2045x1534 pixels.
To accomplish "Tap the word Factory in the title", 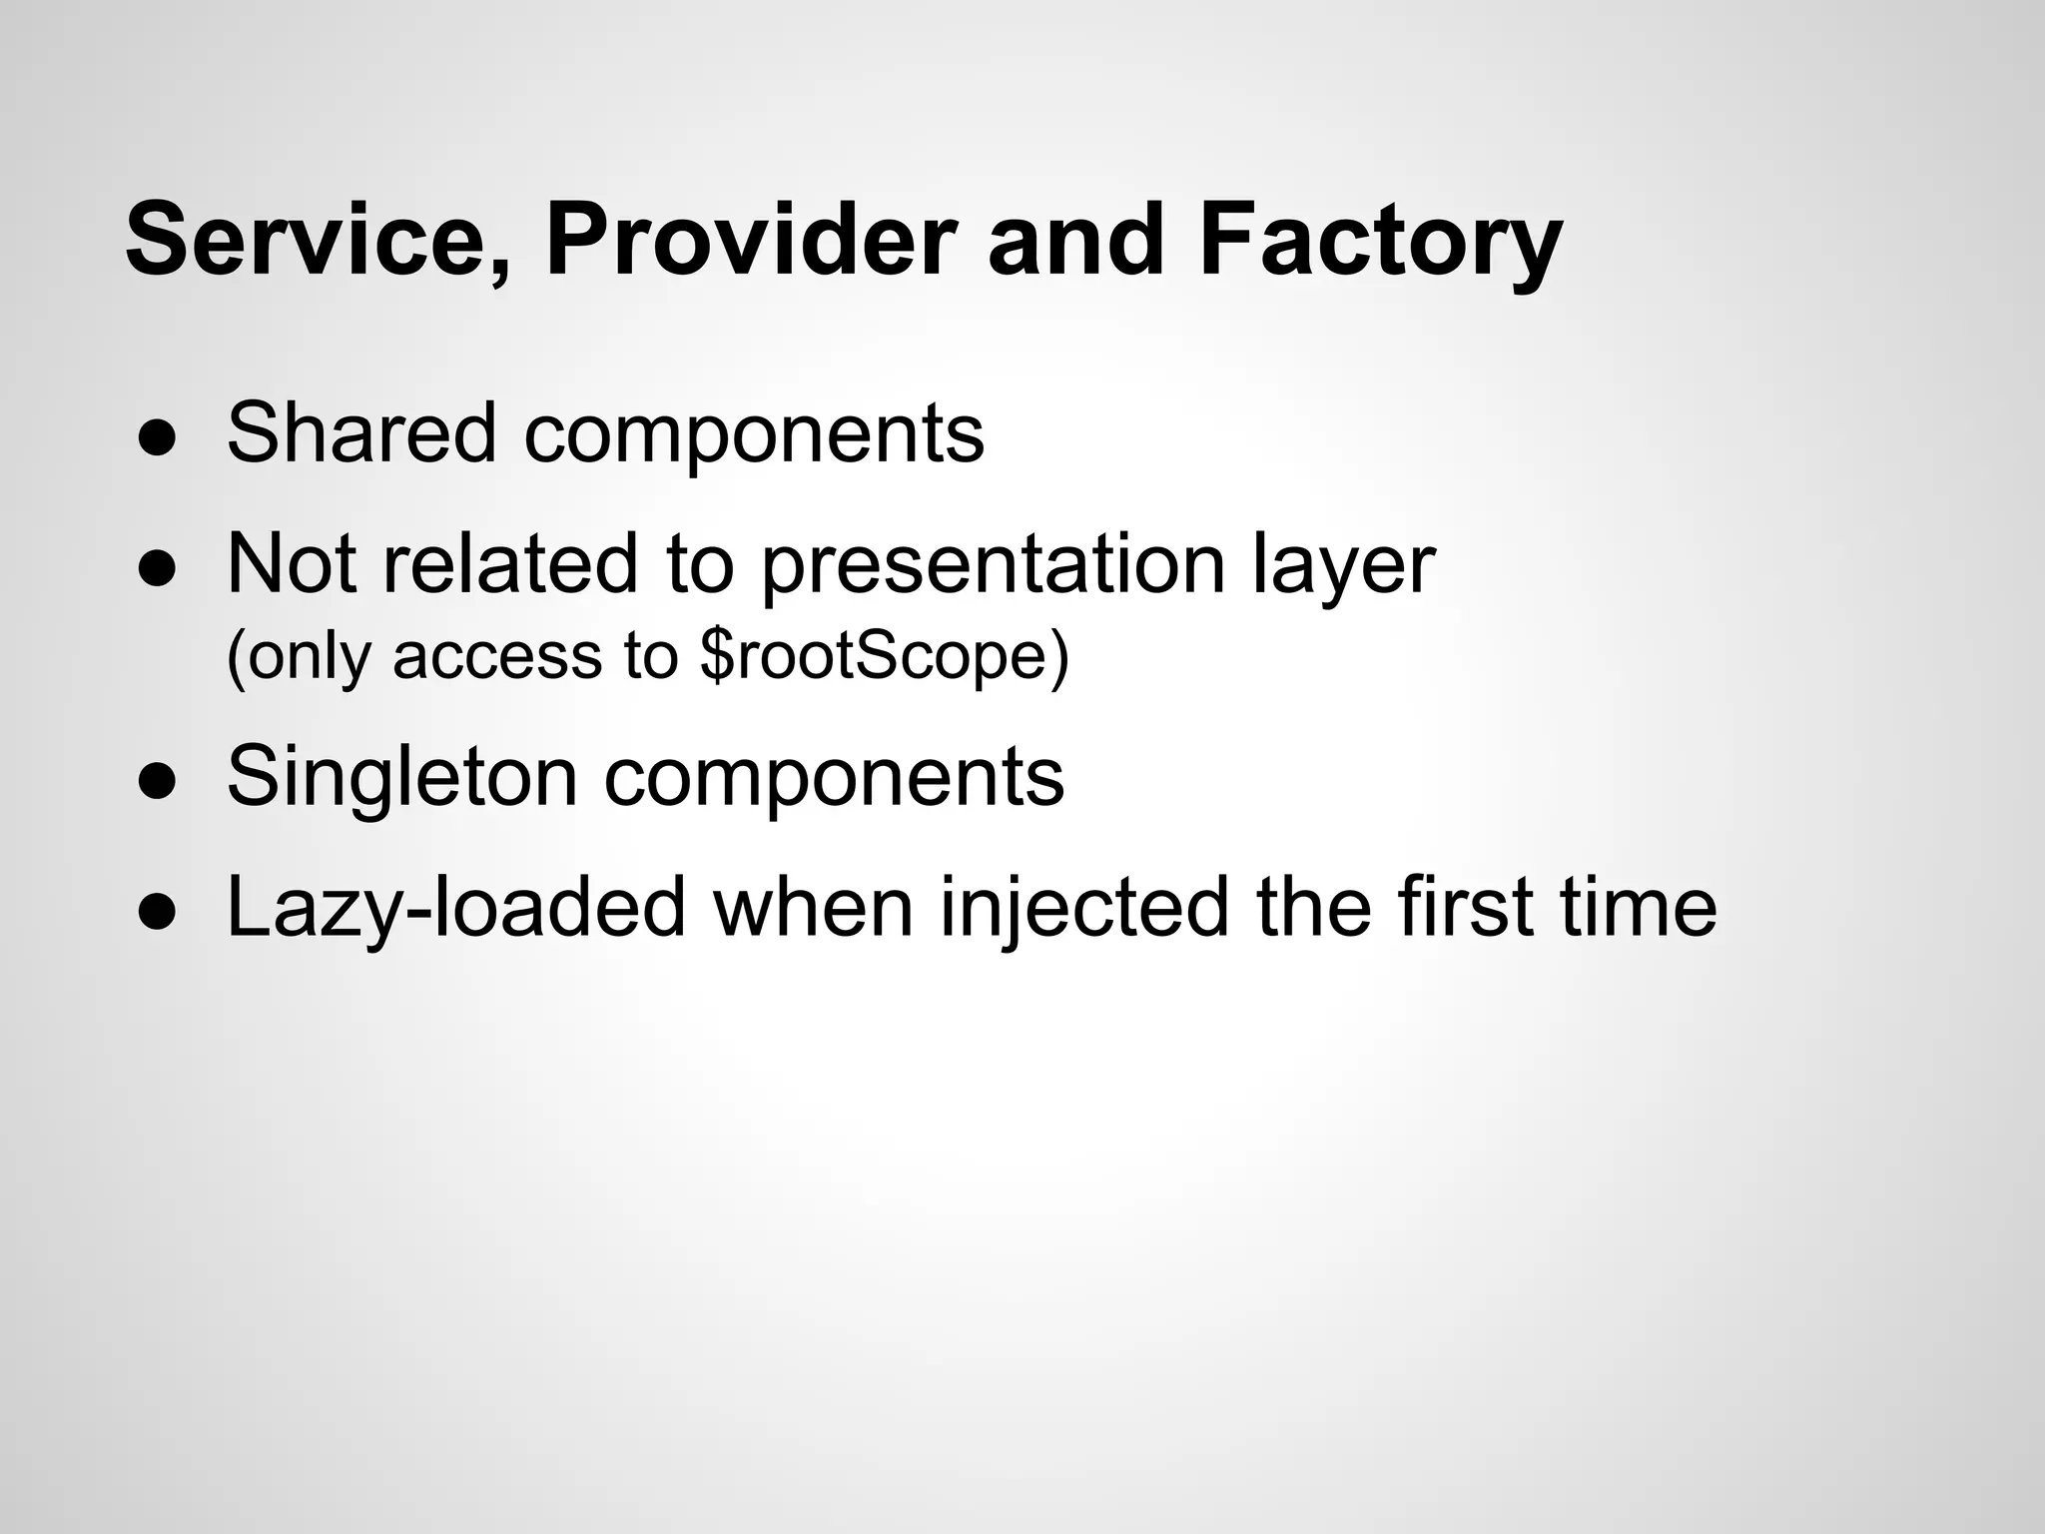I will coord(1380,242).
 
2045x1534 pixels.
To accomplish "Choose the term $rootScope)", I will coord(885,657).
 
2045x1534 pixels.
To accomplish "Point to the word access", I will coord(497,657).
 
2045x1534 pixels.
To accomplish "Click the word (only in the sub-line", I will coord(299,657).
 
